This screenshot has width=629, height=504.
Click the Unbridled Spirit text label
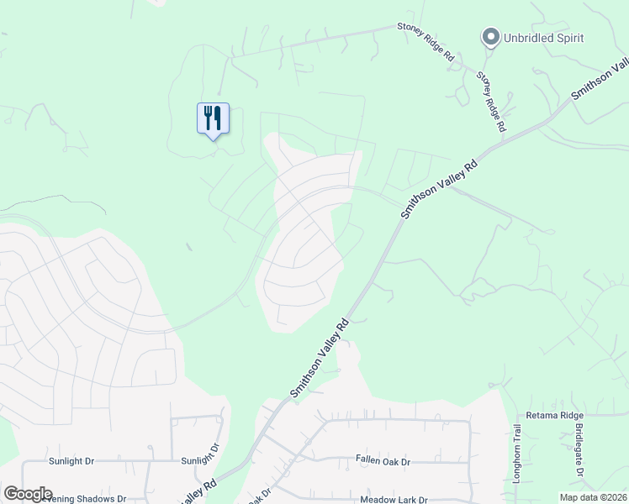[x=543, y=38]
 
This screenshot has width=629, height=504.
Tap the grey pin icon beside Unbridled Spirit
[x=489, y=37]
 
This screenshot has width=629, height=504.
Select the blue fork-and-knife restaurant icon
[x=213, y=118]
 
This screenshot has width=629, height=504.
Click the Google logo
[x=28, y=494]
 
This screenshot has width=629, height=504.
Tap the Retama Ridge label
[x=554, y=416]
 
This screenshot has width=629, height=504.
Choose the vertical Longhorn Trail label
[x=518, y=452]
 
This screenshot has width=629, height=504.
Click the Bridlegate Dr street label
[x=579, y=451]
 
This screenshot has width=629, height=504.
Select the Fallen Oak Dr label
[x=383, y=462]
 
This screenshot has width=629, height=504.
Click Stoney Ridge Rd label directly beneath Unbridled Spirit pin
[x=490, y=101]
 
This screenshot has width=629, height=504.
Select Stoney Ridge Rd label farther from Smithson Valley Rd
[x=425, y=41]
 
